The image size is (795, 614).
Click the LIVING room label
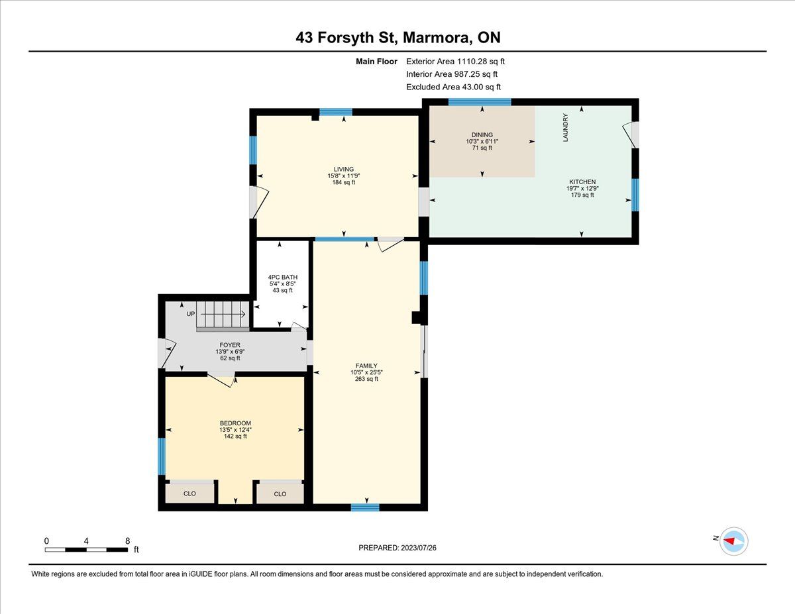point(344,169)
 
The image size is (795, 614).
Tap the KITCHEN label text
point(582,181)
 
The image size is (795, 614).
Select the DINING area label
point(482,134)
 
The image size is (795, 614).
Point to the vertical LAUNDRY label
point(565,127)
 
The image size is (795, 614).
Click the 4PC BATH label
point(282,278)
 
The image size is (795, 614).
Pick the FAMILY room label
point(366,366)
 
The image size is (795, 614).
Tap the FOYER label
point(230,345)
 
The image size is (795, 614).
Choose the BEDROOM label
point(235,423)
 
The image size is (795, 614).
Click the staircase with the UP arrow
point(223,316)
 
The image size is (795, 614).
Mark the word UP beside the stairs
point(191,314)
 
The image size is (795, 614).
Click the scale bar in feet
point(86,550)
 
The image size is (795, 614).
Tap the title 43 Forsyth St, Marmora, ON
point(398,37)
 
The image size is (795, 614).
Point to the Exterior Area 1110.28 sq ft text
point(456,62)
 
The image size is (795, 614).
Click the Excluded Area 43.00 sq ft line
point(453,87)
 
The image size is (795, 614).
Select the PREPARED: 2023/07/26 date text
point(397,548)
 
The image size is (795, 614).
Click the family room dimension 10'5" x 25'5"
point(366,372)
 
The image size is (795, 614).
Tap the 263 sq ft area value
point(366,379)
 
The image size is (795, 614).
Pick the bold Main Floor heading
point(376,62)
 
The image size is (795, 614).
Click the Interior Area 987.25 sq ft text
point(452,74)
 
